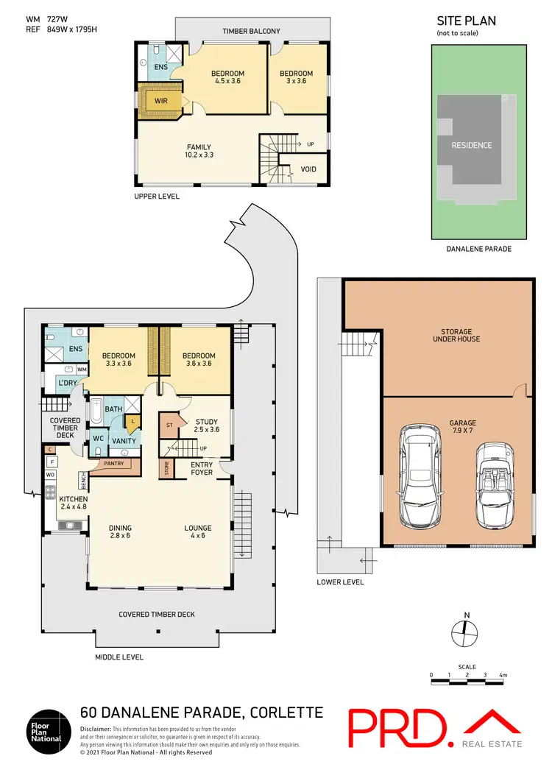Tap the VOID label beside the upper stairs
pyautogui.click(x=309, y=169)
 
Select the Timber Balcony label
pyautogui.click(x=252, y=31)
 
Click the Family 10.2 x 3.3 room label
pyautogui.click(x=199, y=151)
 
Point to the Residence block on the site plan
pyautogui.click(x=471, y=145)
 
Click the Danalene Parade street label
pyautogui.click(x=479, y=249)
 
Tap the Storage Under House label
pyautogui.click(x=457, y=335)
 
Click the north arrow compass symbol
pyautogui.click(x=461, y=626)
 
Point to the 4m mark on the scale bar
pyautogui.click(x=503, y=675)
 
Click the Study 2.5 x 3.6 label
pyautogui.click(x=207, y=426)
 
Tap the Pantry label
pyautogui.click(x=113, y=464)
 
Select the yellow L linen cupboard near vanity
pyautogui.click(x=132, y=422)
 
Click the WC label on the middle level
pyautogui.click(x=98, y=437)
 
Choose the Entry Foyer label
pyautogui.click(x=202, y=468)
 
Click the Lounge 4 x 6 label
pyautogui.click(x=198, y=531)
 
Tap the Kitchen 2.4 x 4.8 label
pyautogui.click(x=73, y=503)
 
